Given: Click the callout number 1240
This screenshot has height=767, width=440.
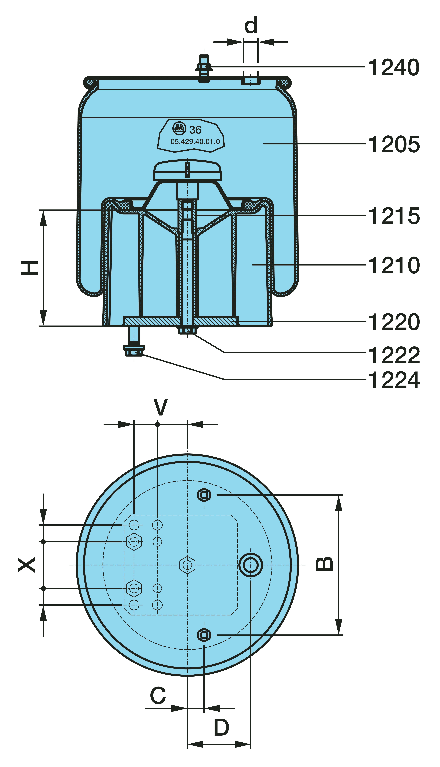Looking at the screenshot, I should (x=393, y=67).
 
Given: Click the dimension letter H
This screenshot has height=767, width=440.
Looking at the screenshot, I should (x=29, y=268).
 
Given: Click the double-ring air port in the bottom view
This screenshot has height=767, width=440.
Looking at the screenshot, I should (x=251, y=565).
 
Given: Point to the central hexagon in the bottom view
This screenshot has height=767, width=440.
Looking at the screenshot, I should (x=187, y=565).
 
